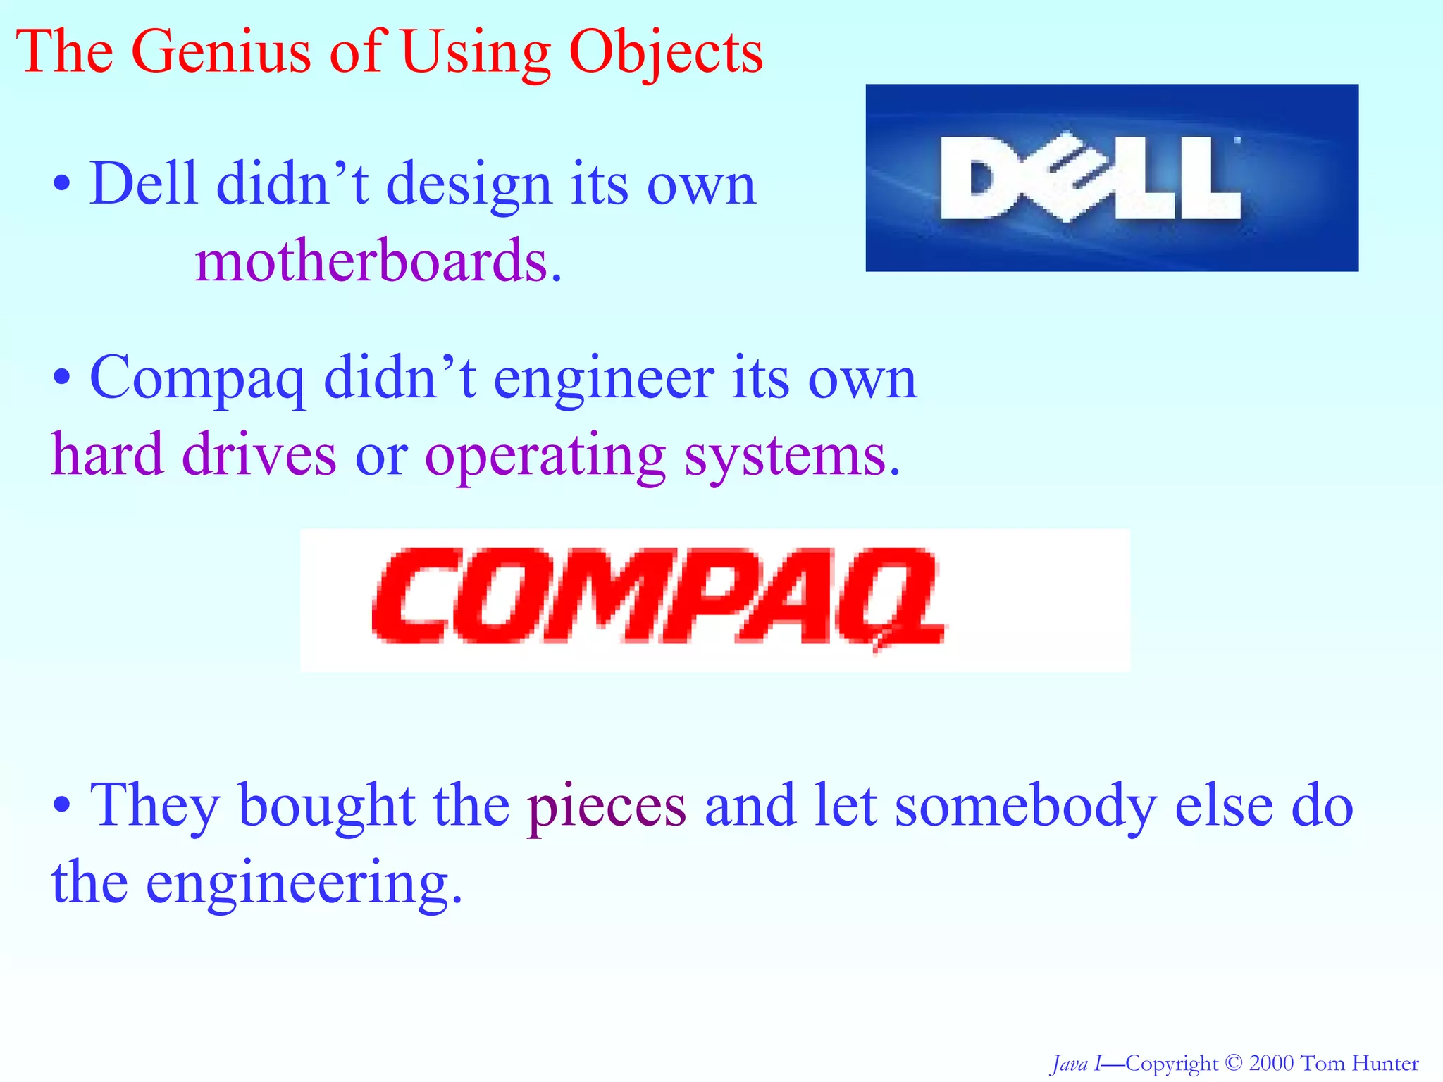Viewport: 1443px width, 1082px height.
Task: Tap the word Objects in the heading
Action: coord(666,53)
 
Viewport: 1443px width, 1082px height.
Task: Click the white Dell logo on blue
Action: coord(1091,178)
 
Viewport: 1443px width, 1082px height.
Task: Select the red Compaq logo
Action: coord(658,597)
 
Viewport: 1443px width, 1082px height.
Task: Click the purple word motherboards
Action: coord(378,261)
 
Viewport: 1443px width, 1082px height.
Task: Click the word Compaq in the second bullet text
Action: coord(198,379)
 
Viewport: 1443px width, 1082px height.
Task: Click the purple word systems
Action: coord(793,456)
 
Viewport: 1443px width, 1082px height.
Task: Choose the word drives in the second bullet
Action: coord(259,455)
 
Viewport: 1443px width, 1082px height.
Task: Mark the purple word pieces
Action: coord(607,807)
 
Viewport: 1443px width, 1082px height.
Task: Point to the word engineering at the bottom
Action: coord(304,883)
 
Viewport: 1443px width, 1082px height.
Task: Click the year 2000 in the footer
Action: coord(1271,1063)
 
